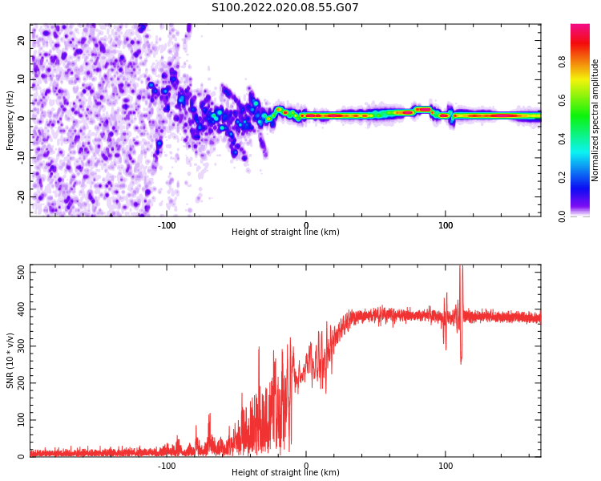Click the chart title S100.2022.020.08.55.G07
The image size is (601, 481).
coord(284,7)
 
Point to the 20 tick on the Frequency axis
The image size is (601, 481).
coord(22,40)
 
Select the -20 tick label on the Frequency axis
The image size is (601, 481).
coord(22,196)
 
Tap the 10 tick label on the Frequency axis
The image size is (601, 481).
coord(22,79)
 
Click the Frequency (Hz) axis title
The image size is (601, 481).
coord(10,120)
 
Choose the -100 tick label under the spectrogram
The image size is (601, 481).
coord(167,225)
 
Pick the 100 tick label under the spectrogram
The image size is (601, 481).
coord(446,225)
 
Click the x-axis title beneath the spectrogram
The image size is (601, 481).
coord(285,232)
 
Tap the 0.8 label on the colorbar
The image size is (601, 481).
coord(562,62)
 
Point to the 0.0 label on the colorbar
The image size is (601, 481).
coord(562,216)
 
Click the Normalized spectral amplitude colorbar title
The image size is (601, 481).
coord(595,120)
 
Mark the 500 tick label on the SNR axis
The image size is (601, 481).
coord(22,273)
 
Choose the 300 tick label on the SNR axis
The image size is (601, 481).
coord(22,346)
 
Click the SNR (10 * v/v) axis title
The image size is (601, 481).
coord(10,361)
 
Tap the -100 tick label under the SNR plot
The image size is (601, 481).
coord(167,466)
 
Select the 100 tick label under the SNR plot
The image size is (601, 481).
coord(446,466)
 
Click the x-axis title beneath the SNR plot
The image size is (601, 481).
coord(285,472)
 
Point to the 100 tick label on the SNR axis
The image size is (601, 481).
coord(22,419)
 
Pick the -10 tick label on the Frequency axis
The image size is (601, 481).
coord(22,158)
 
